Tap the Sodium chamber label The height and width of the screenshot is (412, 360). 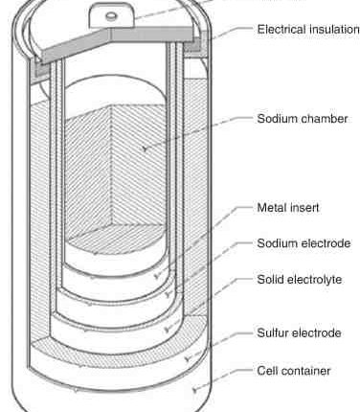coord(302,119)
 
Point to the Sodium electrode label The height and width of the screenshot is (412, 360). coord(304,243)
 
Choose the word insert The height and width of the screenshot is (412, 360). coord(305,207)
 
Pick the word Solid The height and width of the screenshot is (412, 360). coord(272,280)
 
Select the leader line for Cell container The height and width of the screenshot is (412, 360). coord(220,379)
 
